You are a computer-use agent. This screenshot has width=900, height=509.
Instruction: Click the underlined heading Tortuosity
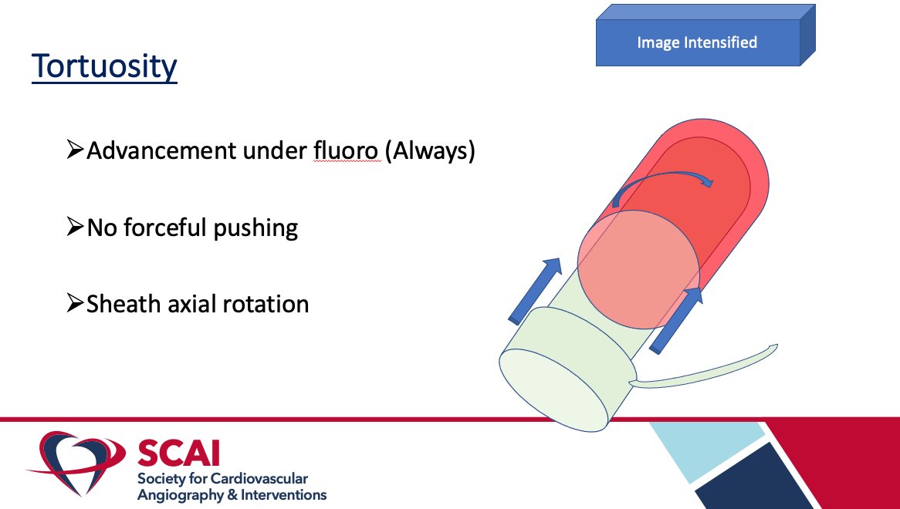pos(104,66)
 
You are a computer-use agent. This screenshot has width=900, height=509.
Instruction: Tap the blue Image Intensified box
pos(697,43)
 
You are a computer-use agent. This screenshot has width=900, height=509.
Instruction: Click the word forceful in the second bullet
pos(179,228)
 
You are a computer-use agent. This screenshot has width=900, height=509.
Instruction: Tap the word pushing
pos(259,228)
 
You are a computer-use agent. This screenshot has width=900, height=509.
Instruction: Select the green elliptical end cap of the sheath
pos(554,391)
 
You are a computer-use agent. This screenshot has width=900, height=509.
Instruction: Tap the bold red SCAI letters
pos(178,452)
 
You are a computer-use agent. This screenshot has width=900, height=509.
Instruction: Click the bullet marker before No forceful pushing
pos(75,228)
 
